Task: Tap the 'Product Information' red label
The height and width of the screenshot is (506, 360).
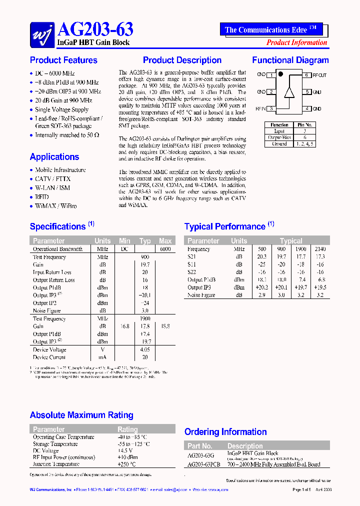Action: coord(297,42)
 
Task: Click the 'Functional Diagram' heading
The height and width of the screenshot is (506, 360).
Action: coord(290,60)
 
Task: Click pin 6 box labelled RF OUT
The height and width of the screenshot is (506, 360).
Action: coord(306,75)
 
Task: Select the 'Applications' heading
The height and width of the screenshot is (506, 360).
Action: coord(54,157)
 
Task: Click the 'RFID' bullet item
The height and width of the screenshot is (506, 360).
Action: coord(42,197)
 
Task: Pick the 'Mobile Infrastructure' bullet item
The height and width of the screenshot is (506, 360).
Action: coord(60,170)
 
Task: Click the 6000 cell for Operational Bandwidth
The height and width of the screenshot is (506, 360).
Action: coord(165,249)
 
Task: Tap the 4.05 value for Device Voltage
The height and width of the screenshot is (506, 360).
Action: coord(144,349)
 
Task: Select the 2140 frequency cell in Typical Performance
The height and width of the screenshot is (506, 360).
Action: coord(320,249)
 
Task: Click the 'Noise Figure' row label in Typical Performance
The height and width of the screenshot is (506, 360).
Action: coord(201,295)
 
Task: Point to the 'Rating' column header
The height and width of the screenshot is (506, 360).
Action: coord(127,429)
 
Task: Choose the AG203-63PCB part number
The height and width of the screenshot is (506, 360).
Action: coord(204,464)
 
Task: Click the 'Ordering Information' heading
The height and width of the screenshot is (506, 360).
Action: coord(225,432)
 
